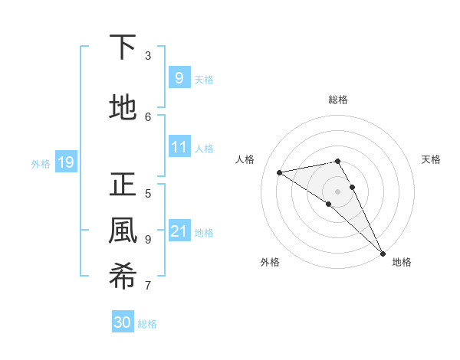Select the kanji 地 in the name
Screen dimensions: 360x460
coord(123,108)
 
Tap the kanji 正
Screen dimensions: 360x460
coord(123,185)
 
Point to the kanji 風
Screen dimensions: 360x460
coord(123,231)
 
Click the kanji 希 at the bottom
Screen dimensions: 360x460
coord(123,277)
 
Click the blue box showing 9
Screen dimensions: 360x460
coord(179,77)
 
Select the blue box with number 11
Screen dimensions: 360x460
coord(179,146)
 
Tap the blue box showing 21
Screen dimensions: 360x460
coord(179,231)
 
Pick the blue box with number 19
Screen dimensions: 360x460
coord(65,162)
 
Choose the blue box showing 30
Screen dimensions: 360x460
coord(123,322)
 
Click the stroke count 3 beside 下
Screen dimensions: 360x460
coord(148,56)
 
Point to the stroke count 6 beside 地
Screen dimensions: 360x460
coord(148,116)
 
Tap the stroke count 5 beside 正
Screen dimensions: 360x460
coord(148,193)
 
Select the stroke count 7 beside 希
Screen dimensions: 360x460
coord(148,286)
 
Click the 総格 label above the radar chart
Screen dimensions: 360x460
coord(338,100)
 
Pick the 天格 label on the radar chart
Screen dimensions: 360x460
coord(432,159)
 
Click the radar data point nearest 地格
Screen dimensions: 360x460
coord(383,253)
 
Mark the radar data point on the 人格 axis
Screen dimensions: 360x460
coord(280,172)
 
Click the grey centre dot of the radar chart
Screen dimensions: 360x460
coord(338,191)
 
